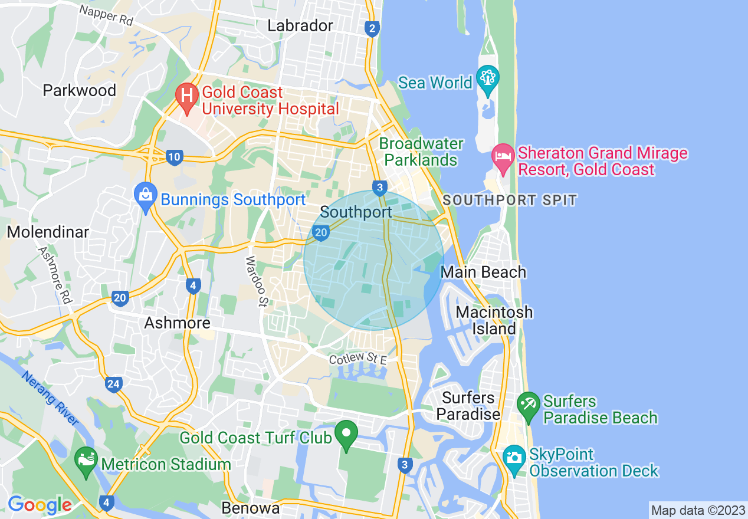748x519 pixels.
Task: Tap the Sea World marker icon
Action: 488,79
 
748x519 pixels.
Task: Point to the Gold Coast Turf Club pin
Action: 346,435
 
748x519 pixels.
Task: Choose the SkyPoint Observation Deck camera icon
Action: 514,458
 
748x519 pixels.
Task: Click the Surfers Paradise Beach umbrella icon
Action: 528,405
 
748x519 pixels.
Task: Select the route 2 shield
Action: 371,29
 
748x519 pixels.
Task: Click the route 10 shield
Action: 173,157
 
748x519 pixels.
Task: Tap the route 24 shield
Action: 114,385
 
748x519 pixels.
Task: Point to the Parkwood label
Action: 80,90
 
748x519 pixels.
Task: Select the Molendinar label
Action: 48,232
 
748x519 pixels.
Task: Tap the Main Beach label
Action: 483,272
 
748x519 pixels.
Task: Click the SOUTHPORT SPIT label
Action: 510,200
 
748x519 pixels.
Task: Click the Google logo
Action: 39,505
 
